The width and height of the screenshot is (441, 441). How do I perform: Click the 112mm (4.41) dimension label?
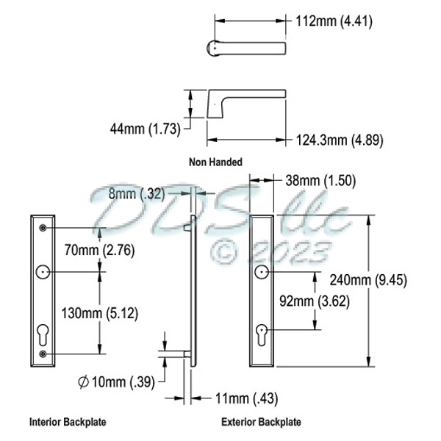335,21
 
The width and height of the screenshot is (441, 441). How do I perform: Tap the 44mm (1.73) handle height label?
145,129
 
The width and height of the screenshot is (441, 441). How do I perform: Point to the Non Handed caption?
215,162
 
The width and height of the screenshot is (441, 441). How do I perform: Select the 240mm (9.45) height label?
406,280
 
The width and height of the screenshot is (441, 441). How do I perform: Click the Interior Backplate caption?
68,423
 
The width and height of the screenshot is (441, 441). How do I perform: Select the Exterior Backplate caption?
261,423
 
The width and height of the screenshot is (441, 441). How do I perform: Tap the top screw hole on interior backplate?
43,228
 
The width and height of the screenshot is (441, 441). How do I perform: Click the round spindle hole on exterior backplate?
262,273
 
